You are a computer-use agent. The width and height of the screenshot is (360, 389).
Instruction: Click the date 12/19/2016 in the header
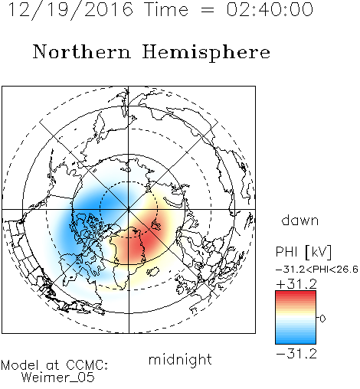click(x=70, y=10)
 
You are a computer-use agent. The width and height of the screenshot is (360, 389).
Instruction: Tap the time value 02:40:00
click(x=270, y=9)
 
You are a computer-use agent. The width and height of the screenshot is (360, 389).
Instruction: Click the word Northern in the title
click(x=81, y=52)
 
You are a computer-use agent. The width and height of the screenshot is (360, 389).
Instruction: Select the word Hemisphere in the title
click(x=206, y=53)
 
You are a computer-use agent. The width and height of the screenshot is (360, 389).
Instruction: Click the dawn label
click(x=300, y=220)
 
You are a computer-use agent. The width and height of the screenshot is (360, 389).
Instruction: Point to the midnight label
click(x=180, y=359)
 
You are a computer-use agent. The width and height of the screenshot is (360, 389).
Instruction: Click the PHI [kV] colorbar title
click(x=303, y=252)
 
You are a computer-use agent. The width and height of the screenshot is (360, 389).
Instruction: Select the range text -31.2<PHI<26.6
click(x=317, y=270)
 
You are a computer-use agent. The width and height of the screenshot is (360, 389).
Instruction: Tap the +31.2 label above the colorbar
click(x=296, y=284)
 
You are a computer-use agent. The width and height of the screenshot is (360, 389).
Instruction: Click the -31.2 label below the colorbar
click(x=296, y=354)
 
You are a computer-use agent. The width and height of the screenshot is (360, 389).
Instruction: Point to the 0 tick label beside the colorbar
click(x=322, y=319)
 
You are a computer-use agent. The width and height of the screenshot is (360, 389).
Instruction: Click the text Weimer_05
click(x=58, y=378)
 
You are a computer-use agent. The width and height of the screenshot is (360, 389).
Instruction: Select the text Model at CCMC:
click(x=54, y=365)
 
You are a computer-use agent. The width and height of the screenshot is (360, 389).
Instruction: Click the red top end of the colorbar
click(x=296, y=293)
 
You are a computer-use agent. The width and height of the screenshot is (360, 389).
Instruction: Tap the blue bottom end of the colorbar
click(x=296, y=342)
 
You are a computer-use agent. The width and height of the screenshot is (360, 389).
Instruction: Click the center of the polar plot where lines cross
click(x=129, y=210)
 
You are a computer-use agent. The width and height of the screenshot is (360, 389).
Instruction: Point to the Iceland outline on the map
click(x=153, y=272)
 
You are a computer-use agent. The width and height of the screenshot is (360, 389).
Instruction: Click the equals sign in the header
click(x=207, y=10)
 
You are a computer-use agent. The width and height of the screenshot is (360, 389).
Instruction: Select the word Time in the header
click(x=166, y=9)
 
